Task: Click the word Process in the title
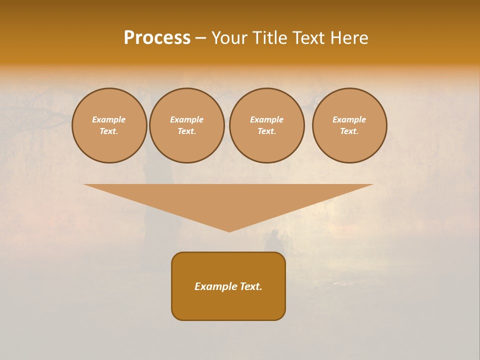tap(157, 38)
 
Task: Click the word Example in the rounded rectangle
tap(215, 286)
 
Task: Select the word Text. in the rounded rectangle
tap(250, 286)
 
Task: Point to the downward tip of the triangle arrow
tap(229, 230)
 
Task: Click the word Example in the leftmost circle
tap(109, 119)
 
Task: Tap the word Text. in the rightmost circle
tap(349, 131)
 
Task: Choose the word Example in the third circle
tap(267, 119)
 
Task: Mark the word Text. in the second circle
tap(187, 131)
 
